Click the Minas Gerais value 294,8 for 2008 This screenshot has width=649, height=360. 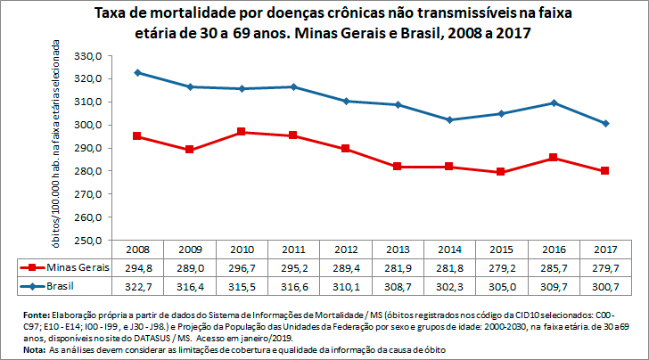[x=137, y=267]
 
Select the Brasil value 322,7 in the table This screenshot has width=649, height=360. [x=137, y=285]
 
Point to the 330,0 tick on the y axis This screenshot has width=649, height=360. [x=88, y=55]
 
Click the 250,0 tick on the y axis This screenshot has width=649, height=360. [x=88, y=241]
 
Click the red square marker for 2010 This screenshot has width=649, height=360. [x=242, y=132]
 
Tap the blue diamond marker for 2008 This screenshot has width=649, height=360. [x=137, y=72]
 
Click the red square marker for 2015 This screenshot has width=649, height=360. [x=501, y=172]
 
